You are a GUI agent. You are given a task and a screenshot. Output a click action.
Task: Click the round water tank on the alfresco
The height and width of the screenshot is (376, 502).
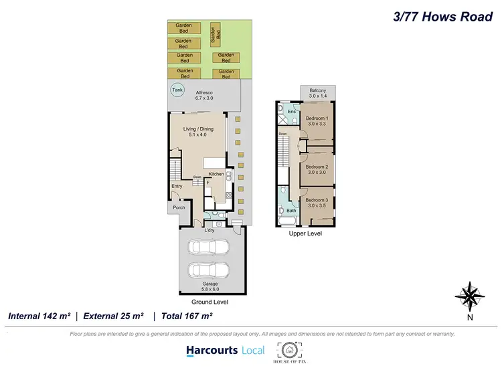(177, 90)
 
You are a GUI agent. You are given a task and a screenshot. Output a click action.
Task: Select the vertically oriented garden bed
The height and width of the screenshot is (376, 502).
(216, 33)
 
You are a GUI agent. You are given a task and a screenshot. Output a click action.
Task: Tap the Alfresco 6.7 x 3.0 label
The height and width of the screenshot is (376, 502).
(203, 95)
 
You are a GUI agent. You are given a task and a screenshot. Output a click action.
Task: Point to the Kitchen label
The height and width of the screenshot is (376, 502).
(216, 174)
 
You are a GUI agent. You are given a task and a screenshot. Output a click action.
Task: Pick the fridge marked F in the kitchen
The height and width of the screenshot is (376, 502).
(207, 182)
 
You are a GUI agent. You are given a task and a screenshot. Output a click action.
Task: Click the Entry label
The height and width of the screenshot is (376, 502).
(177, 187)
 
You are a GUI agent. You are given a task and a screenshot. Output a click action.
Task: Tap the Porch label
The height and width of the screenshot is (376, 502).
(179, 207)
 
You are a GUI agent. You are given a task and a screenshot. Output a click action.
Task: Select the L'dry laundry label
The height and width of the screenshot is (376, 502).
(210, 230)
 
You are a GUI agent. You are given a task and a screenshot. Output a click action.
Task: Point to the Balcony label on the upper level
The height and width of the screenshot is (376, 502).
(317, 93)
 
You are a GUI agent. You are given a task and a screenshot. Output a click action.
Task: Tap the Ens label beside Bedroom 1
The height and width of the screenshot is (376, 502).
(291, 112)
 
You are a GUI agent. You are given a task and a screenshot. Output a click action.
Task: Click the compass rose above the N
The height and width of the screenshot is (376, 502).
(470, 295)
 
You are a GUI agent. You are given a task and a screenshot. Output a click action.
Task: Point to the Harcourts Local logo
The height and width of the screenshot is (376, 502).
(225, 350)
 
